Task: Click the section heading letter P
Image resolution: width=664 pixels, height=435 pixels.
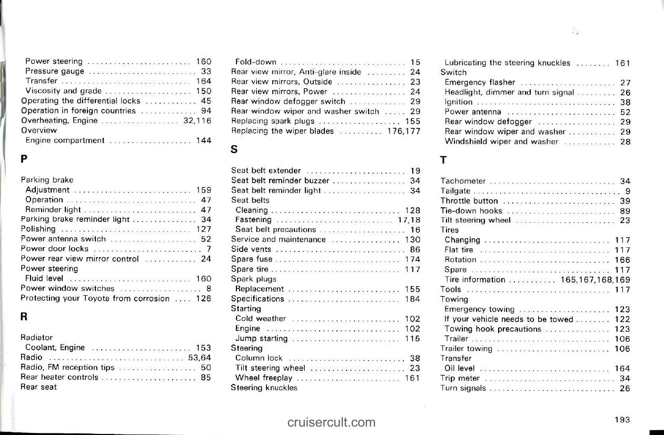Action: [24, 158]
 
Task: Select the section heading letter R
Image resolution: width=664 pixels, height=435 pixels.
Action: [24, 318]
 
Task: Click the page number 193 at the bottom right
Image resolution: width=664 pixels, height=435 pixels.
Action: [622, 420]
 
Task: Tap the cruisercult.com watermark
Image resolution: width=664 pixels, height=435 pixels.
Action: [332, 422]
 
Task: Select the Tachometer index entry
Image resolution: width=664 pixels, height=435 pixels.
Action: [463, 181]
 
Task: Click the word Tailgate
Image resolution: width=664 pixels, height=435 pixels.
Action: [455, 191]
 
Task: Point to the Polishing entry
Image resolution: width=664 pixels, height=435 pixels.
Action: [38, 229]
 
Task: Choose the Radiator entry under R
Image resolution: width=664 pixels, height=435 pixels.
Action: [36, 337]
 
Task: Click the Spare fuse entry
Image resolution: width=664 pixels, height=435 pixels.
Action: [252, 259]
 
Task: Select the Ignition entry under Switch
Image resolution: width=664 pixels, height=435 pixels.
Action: [459, 102]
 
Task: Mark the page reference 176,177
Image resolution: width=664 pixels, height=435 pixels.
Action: [403, 131]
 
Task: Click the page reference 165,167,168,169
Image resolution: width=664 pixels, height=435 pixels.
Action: [596, 279]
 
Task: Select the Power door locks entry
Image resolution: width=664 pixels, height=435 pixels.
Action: [54, 249]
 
